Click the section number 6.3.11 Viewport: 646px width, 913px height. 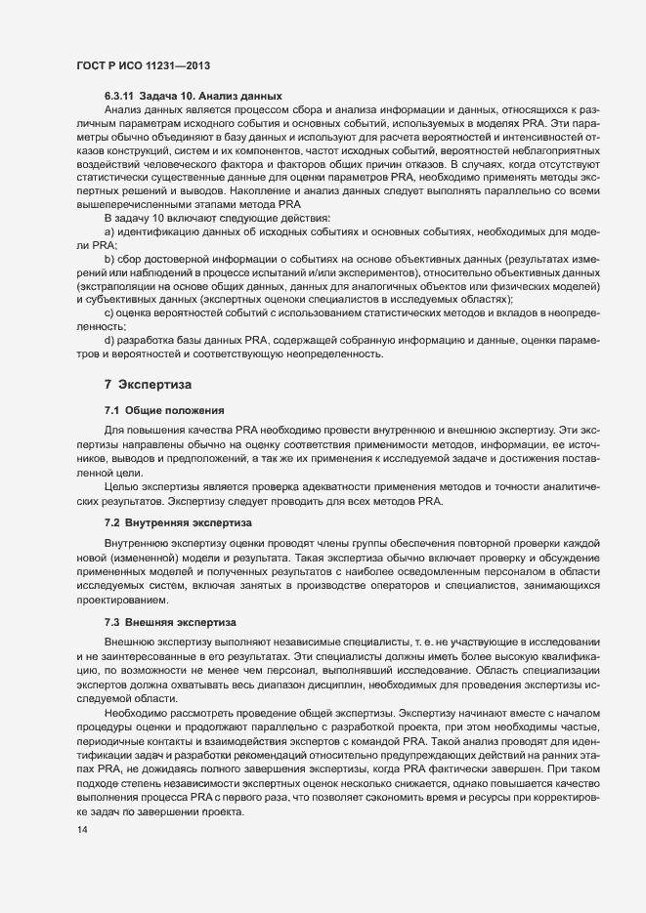[x=121, y=96]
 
